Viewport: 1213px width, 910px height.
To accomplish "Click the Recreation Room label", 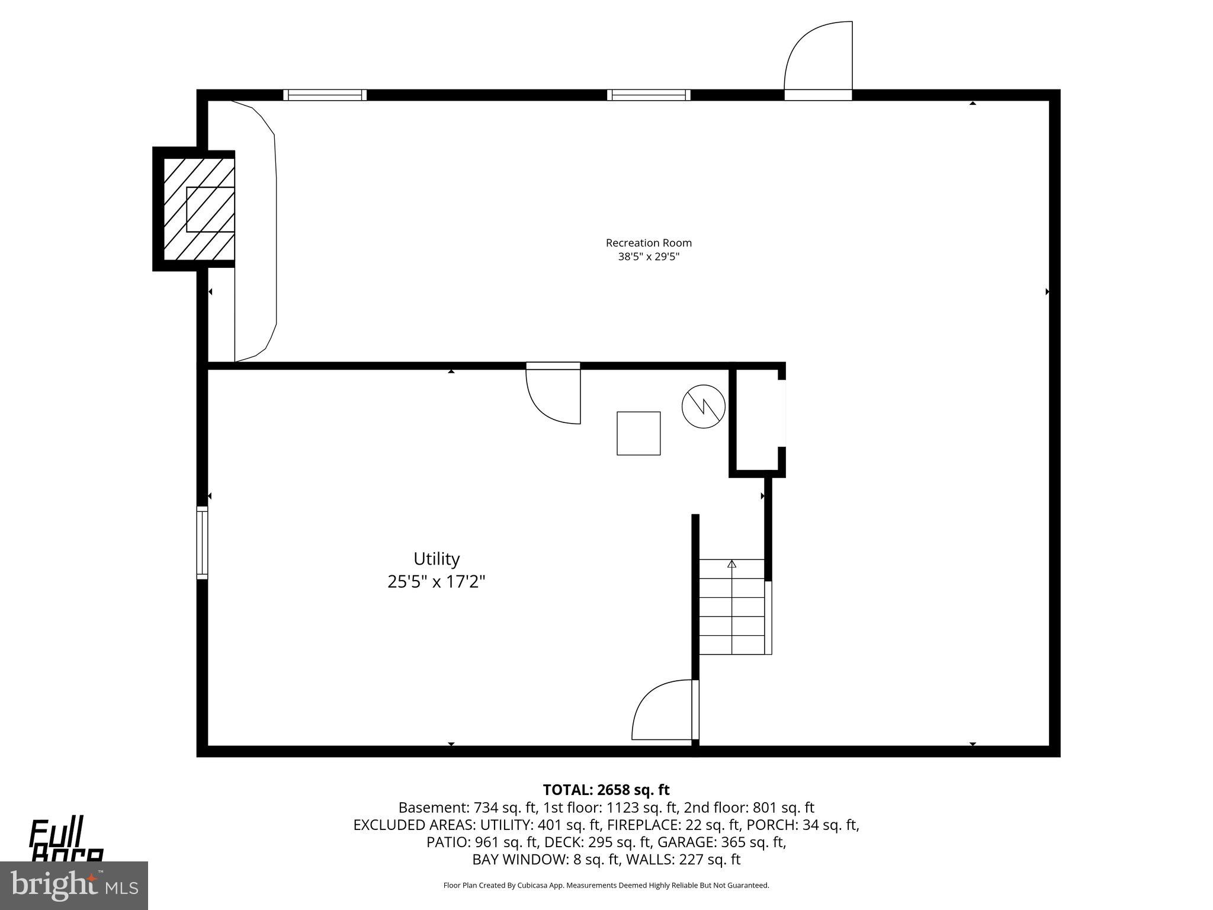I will pos(649,243).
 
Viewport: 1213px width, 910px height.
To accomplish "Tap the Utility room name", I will pos(437,559).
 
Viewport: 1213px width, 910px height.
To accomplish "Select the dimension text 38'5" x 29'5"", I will pos(649,257).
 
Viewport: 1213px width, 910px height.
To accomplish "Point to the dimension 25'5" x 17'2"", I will pos(437,582).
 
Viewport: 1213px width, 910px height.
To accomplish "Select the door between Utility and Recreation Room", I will pos(554,394).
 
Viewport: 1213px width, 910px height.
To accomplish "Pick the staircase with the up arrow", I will pos(732,607).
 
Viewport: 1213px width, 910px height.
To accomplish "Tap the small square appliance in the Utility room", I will pos(638,434).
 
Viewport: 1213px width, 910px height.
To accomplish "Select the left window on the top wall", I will pos(325,95).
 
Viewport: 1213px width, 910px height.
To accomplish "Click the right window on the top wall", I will pos(649,95).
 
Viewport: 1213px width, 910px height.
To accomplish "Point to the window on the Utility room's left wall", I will pos(203,542).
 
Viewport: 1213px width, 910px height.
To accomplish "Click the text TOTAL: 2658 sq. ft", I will pos(606,790).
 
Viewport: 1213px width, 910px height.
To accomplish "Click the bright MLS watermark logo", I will pos(73,886).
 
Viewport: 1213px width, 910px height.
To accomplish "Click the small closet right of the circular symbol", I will pos(757,419).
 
